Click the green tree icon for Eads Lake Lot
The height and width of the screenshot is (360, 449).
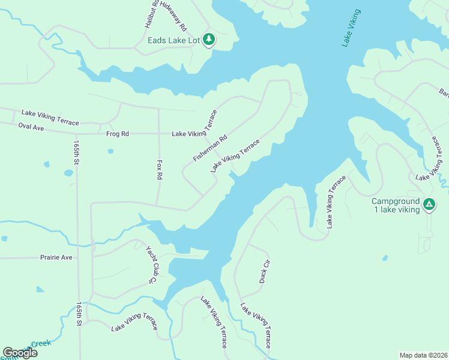(209, 40)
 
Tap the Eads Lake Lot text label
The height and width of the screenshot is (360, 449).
(174, 41)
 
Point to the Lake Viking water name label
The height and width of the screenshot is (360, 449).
(351, 28)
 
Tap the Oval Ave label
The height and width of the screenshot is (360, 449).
(32, 127)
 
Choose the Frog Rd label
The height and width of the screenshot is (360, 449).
(118, 134)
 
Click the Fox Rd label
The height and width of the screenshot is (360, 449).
(160, 169)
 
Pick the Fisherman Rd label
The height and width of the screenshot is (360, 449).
(210, 148)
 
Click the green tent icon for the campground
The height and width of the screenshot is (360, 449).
(429, 205)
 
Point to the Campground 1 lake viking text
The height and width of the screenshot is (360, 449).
(395, 205)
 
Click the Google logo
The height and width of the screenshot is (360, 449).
(20, 353)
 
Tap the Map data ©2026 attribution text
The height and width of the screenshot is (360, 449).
(423, 355)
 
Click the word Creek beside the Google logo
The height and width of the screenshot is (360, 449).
(41, 344)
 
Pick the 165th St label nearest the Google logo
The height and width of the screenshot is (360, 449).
(79, 314)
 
